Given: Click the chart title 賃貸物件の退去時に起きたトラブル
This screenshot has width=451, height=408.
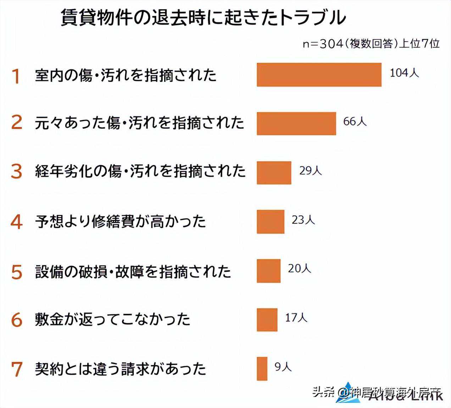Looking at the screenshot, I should pyautogui.click(x=203, y=17).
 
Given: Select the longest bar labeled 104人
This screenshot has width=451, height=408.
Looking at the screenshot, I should pyautogui.click(x=319, y=75).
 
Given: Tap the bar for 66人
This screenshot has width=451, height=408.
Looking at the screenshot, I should pyautogui.click(x=296, y=123).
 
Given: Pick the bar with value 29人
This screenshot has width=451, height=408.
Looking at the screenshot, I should pyautogui.click(x=274, y=173).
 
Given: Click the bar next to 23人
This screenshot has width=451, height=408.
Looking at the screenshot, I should pyautogui.click(x=271, y=222).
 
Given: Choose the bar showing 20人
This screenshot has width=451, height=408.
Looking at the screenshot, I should pyautogui.click(x=268, y=271).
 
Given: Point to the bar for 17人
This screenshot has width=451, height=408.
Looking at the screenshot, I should pyautogui.click(x=267, y=320).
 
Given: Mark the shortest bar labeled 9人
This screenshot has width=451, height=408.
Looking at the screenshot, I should pyautogui.click(x=262, y=369).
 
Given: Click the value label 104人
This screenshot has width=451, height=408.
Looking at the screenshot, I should pyautogui.click(x=404, y=73).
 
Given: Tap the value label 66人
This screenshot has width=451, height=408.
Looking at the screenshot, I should pyautogui.click(x=355, y=122).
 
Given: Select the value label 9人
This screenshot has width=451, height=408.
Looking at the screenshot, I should pyautogui.click(x=283, y=367).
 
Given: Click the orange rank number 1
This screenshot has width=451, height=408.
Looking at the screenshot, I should pyautogui.click(x=16, y=76).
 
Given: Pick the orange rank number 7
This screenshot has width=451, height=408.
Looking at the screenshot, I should pyautogui.click(x=17, y=369).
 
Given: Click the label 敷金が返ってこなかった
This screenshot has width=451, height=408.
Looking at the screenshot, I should pyautogui.click(x=113, y=319).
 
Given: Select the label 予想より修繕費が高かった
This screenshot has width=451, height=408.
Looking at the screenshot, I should pyautogui.click(x=121, y=221).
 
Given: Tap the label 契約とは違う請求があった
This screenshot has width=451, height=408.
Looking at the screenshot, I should pyautogui.click(x=121, y=369).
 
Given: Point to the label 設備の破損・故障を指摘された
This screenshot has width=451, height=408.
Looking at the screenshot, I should pyautogui.click(x=133, y=272).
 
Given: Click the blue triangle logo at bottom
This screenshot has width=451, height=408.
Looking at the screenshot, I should pyautogui.click(x=348, y=393).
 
